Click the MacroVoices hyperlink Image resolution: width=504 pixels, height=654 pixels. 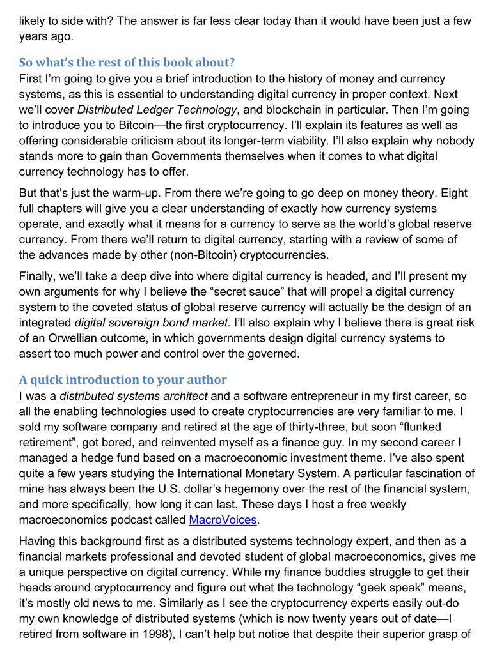click(x=223, y=519)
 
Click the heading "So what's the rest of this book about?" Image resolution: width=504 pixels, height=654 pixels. click(x=127, y=63)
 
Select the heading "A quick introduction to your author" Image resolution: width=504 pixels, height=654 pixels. click(x=123, y=380)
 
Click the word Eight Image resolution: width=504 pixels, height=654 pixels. click(x=453, y=193)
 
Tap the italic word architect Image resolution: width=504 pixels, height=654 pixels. click(x=186, y=397)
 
